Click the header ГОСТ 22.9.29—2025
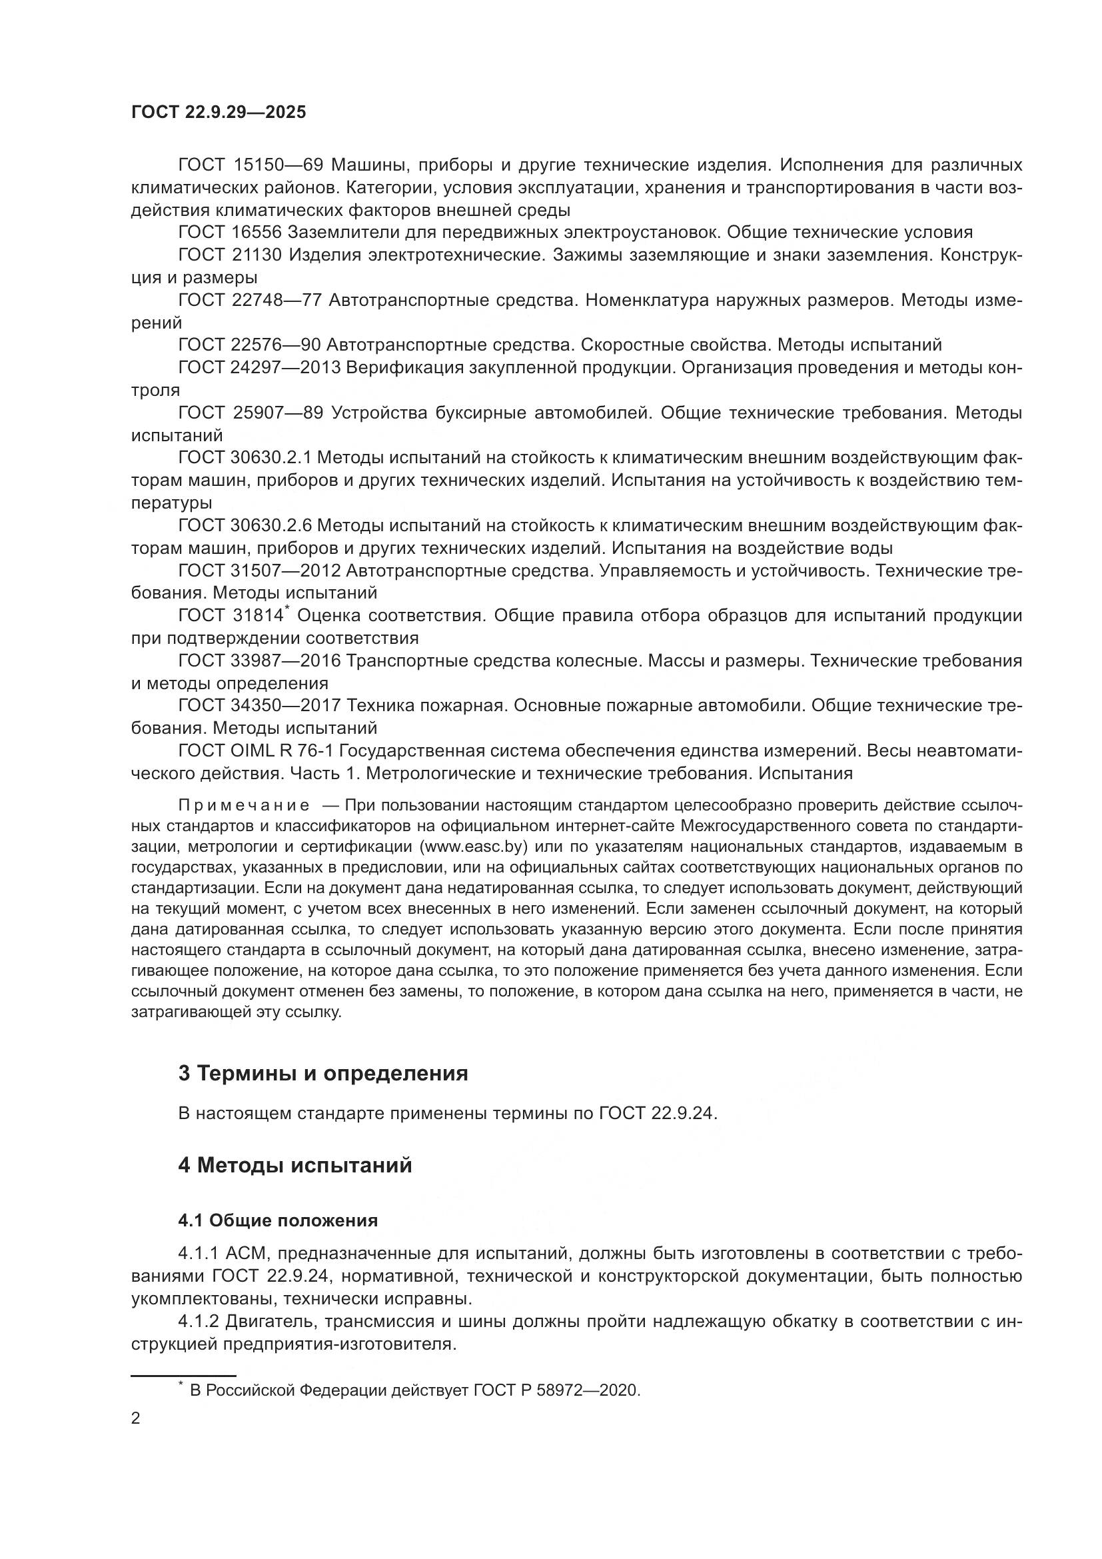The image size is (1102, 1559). (219, 112)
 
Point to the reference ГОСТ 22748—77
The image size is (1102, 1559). (249, 300)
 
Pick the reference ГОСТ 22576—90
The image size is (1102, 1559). (249, 345)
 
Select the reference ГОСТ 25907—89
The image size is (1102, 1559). (251, 413)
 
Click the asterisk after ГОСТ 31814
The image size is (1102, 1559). (287, 609)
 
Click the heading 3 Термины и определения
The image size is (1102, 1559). (323, 1074)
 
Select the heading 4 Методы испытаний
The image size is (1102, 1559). (295, 1165)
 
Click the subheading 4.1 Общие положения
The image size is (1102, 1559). (278, 1220)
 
